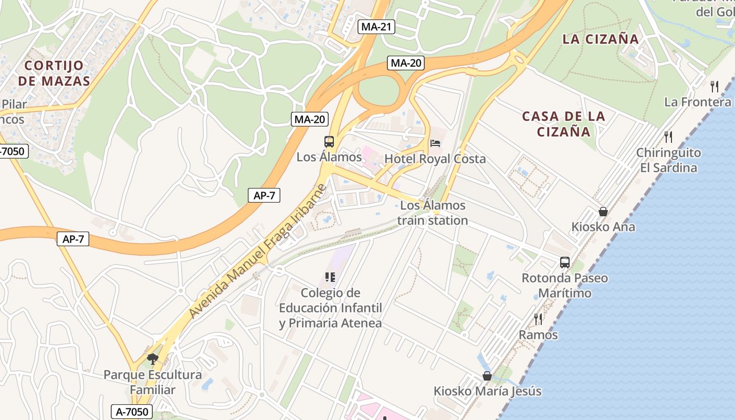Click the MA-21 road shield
point(376,27)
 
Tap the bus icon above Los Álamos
point(329,141)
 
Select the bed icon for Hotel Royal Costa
point(435,143)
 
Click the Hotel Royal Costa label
point(435,159)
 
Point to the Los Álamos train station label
point(433,213)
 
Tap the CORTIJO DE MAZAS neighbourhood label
point(54,73)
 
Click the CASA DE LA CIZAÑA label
point(564,124)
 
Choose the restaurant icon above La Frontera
point(715,86)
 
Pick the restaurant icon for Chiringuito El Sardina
point(668,137)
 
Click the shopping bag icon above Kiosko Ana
point(603,212)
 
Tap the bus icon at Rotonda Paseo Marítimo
point(565,262)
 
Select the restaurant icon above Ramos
point(538,319)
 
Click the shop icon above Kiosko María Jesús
point(487,376)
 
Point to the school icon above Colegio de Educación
point(330,277)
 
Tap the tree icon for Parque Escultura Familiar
point(153,359)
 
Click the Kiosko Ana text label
point(603,227)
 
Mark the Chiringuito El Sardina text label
point(668,160)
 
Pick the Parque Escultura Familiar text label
point(153,382)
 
